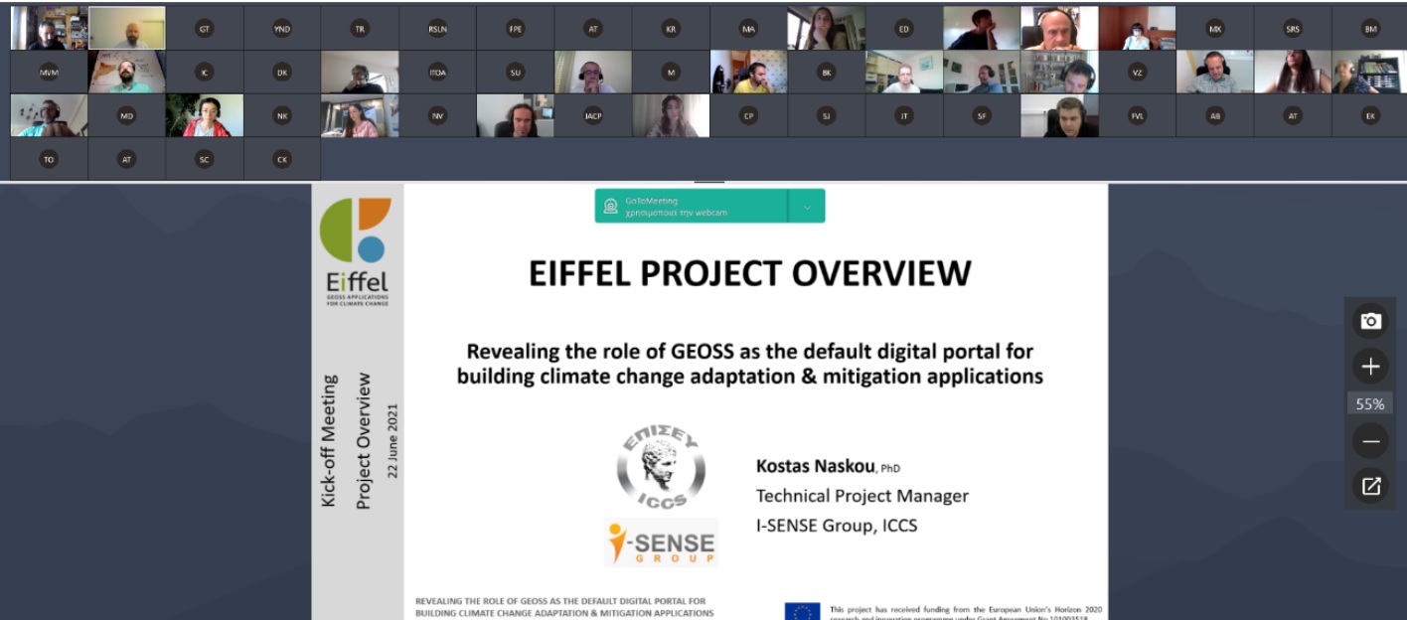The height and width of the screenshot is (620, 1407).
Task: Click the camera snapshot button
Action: click(1370, 321)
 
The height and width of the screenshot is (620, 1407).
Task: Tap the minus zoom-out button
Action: click(1370, 440)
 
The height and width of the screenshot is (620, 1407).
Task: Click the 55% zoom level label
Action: click(1370, 403)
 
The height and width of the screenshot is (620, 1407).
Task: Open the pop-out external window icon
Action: click(1370, 486)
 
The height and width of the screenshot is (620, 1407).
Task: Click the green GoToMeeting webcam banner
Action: click(692, 206)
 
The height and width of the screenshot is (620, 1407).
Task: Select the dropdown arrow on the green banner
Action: click(807, 207)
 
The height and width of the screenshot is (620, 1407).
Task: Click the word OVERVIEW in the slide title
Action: click(871, 273)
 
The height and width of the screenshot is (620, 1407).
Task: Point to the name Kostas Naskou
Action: click(815, 466)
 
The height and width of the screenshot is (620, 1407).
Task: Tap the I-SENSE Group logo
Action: click(661, 542)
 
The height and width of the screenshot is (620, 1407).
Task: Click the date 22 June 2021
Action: click(392, 440)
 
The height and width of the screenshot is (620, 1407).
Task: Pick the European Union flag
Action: click(802, 611)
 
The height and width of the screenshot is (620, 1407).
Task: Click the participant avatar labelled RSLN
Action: click(438, 29)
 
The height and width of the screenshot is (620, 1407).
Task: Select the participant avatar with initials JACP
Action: click(593, 115)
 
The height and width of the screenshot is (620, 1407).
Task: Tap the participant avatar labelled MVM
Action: click(49, 73)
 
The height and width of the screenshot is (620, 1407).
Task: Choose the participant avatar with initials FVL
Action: click(1138, 115)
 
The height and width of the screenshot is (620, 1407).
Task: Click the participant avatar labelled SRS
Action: click(1293, 29)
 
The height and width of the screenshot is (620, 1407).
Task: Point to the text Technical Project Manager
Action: click(861, 496)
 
